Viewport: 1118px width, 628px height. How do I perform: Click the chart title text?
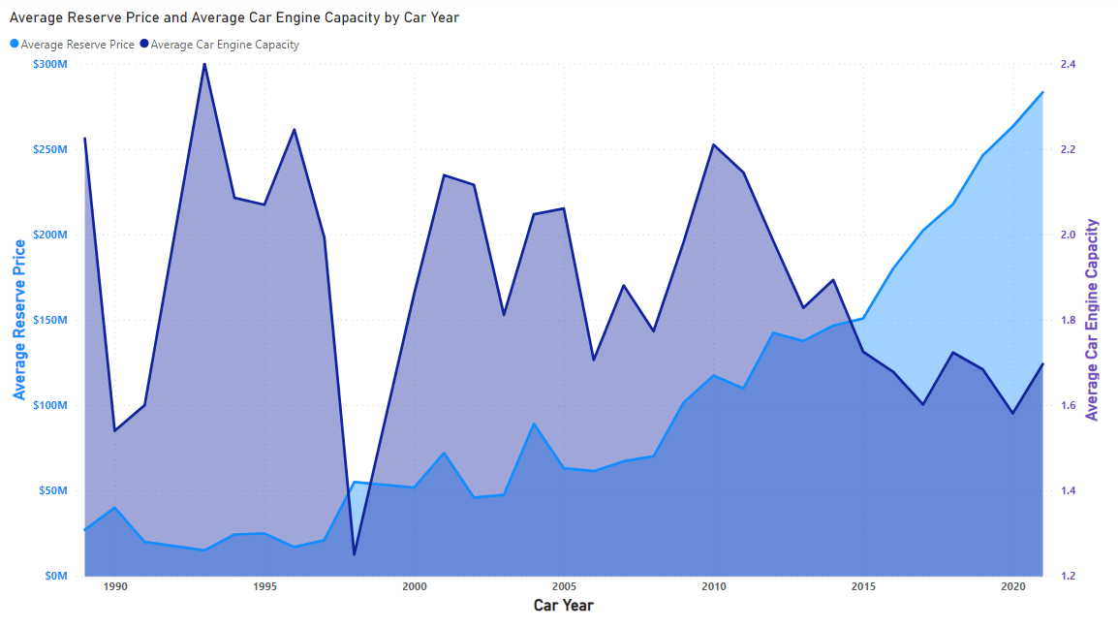[233, 17]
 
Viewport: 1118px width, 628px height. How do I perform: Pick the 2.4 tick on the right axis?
[1069, 64]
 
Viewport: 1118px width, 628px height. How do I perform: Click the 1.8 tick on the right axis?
[1069, 320]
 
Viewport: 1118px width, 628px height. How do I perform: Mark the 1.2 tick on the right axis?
[1069, 576]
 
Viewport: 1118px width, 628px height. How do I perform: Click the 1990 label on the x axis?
[114, 586]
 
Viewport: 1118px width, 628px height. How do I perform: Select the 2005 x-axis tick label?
[564, 586]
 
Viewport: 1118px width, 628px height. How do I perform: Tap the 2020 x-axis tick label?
[1012, 586]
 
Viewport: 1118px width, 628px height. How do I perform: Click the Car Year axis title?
[564, 606]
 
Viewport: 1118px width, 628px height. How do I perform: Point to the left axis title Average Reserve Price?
[18, 320]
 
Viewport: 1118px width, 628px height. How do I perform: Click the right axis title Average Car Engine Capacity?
[1093, 320]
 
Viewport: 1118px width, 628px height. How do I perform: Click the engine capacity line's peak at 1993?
[204, 64]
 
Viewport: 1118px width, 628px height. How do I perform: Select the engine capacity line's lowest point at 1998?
[354, 554]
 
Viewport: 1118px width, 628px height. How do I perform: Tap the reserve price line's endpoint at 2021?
[1042, 92]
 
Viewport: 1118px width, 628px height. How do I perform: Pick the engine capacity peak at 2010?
[713, 144]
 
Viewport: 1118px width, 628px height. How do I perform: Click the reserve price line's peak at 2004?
[534, 424]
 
